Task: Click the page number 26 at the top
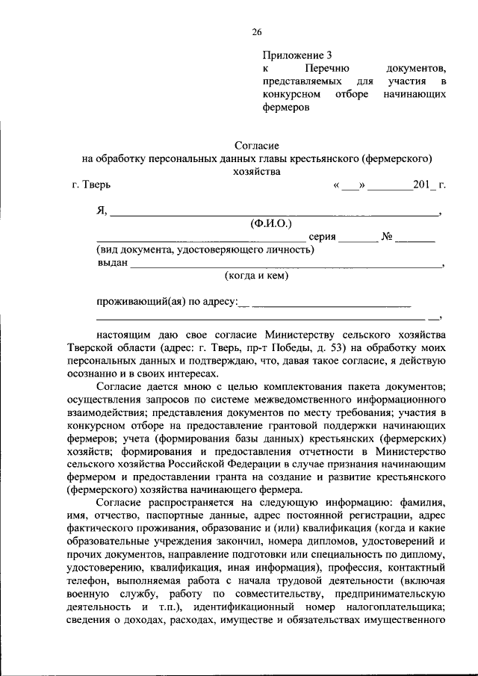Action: click(x=256, y=31)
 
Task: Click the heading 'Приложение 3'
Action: click(x=297, y=55)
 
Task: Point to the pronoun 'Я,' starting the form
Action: click(x=102, y=211)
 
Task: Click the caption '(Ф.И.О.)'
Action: click(x=271, y=223)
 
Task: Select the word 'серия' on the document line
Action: click(x=322, y=237)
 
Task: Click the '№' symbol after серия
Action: click(x=387, y=237)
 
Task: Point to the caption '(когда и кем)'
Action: click(x=256, y=275)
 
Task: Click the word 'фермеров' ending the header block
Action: click(x=285, y=108)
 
